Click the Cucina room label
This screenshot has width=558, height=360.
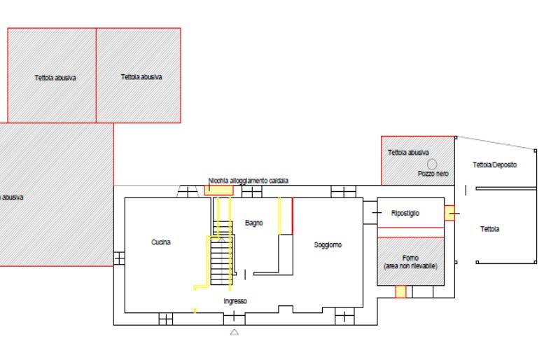pos(161,242)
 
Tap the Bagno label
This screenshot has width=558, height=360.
pos(253,223)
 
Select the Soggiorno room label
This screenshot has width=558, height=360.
pos(328,245)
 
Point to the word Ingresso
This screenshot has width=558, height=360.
pos(235,301)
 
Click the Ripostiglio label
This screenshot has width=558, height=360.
pos(405,214)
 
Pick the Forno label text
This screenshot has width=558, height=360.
pos(410,258)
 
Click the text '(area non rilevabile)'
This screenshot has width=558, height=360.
pos(411,266)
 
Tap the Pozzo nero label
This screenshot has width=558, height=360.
pos(433,174)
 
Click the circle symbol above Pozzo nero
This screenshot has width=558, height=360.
pos(432,164)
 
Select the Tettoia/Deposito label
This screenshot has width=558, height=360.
pos(495,165)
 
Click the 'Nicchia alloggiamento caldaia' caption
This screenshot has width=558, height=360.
pos(249,181)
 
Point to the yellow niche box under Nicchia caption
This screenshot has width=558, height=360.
pos(218,190)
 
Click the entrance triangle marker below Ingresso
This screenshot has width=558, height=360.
pos(234,332)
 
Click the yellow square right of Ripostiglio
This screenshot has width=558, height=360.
pos(449,213)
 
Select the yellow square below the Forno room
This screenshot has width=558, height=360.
pos(400,291)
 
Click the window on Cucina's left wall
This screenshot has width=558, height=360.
pos(119,258)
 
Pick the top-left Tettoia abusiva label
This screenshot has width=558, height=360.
pos(55,78)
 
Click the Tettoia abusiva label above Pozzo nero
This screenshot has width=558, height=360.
pos(408,153)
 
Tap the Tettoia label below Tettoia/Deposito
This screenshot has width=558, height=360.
pos(489,229)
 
